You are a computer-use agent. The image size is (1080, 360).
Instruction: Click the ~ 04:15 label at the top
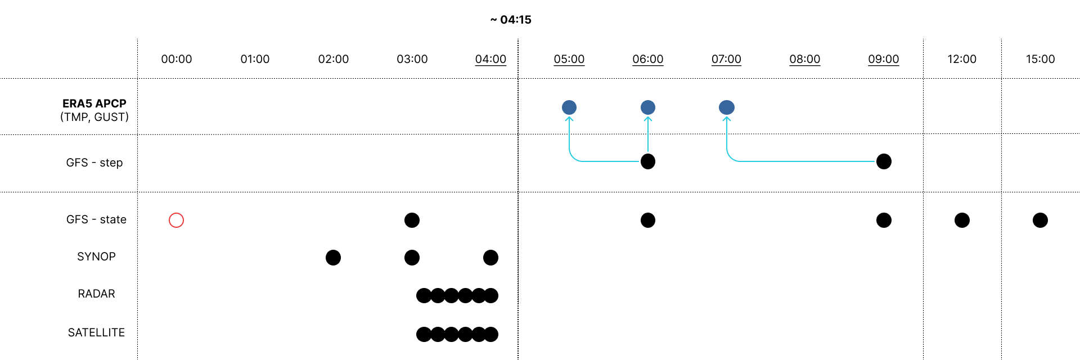pyautogui.click(x=511, y=20)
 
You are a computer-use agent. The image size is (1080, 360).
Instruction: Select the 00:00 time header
pyautogui.click(x=177, y=59)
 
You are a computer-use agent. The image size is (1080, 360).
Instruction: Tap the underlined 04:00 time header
pyautogui.click(x=490, y=59)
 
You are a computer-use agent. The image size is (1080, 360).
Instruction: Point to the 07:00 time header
pyautogui.click(x=726, y=59)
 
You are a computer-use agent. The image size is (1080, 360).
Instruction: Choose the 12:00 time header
pyautogui.click(x=962, y=59)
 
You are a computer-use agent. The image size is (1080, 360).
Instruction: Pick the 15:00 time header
pyautogui.click(x=1040, y=59)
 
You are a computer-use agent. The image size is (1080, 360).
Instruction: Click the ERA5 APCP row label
pyautogui.click(x=94, y=103)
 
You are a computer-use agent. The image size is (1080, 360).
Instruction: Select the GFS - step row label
pyautogui.click(x=94, y=163)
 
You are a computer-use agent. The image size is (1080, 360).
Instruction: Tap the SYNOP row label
pyautogui.click(x=96, y=256)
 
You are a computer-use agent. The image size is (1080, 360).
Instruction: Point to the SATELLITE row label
pyautogui.click(x=96, y=332)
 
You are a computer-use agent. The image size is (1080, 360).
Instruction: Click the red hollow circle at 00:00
pyautogui.click(x=177, y=220)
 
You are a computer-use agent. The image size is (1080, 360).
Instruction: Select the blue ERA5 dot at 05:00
pyautogui.click(x=569, y=107)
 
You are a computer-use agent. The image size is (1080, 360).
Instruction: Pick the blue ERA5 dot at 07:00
pyautogui.click(x=727, y=107)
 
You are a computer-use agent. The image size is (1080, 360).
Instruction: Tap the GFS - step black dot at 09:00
pyautogui.click(x=884, y=161)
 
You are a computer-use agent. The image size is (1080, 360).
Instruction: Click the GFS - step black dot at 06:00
pyautogui.click(x=648, y=161)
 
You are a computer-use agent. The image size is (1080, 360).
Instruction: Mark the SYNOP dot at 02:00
pyautogui.click(x=333, y=258)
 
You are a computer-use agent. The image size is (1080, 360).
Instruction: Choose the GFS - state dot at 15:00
pyautogui.click(x=1040, y=220)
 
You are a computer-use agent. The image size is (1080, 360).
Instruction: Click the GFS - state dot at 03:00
pyautogui.click(x=412, y=220)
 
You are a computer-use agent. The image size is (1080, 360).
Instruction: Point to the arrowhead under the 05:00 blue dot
pyautogui.click(x=569, y=119)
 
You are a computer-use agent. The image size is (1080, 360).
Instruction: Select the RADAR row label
pyautogui.click(x=96, y=294)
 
